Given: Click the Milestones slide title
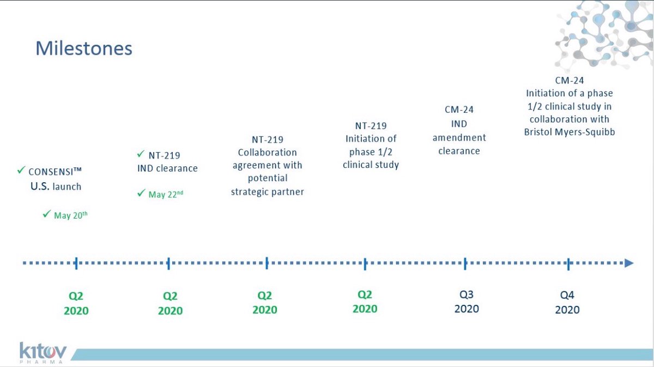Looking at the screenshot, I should tap(84, 48).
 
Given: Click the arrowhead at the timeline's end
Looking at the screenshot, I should tap(628, 263).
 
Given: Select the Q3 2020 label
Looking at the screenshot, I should tap(467, 302).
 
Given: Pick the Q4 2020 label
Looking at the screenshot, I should tap(567, 302).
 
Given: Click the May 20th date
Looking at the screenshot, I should tap(71, 215).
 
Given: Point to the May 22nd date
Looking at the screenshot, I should tap(166, 194).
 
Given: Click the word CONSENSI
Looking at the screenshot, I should tap(51, 172).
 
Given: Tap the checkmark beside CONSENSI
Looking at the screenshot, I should tap(21, 171).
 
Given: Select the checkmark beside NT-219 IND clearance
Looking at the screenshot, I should tap(141, 154).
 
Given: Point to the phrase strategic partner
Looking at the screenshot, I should tap(267, 191).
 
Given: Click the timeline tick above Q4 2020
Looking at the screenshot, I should tap(568, 264).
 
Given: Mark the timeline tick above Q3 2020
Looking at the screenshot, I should tap(466, 264).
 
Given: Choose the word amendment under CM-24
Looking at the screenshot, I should tap(459, 137).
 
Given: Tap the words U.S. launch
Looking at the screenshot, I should tap(56, 186).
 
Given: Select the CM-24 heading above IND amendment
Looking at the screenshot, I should tap(459, 110).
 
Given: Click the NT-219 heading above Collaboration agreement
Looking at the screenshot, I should tap(267, 140).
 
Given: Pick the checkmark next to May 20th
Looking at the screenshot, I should tap(46, 214).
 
